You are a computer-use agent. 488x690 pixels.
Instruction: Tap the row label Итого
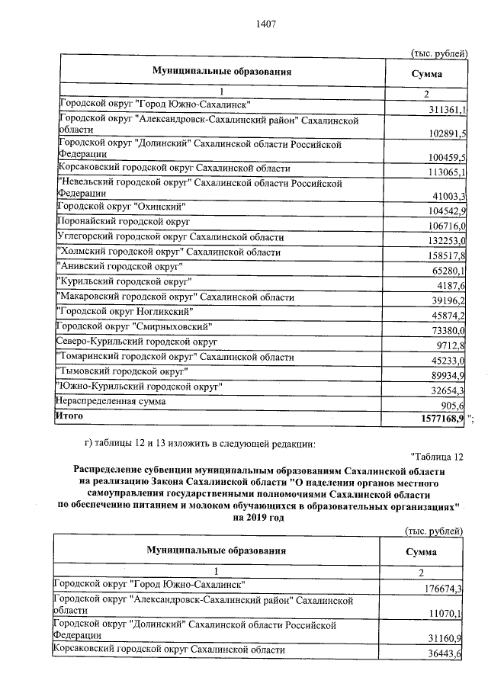pyautogui.click(x=68, y=416)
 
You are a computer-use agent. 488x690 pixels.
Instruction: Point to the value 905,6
pyautogui.click(x=452, y=406)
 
